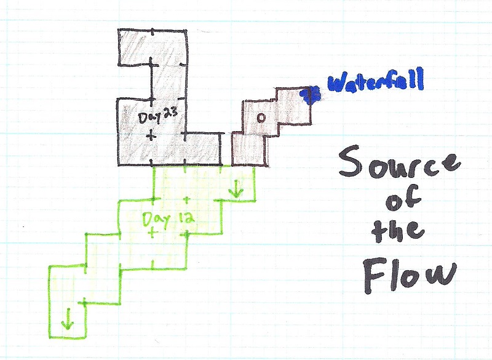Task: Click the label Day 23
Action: tap(157, 116)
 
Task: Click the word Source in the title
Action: tap(399, 165)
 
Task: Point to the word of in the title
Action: tap(399, 200)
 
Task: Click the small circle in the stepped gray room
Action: tap(260, 118)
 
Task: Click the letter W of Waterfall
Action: tap(336, 83)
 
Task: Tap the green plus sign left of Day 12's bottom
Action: tap(151, 233)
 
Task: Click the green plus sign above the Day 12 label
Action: tap(186, 201)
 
